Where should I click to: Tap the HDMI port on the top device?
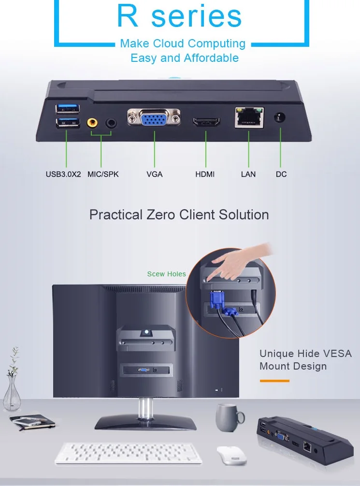(206, 121)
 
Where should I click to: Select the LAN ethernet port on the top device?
(249, 117)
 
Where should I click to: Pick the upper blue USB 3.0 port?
(68, 107)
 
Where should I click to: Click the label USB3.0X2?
(63, 174)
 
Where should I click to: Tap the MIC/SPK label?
(103, 174)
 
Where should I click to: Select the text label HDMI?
(205, 174)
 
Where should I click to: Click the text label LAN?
(248, 174)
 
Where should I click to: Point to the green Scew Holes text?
(166, 274)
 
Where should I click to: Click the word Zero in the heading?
(161, 214)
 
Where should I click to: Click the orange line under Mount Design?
(274, 381)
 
